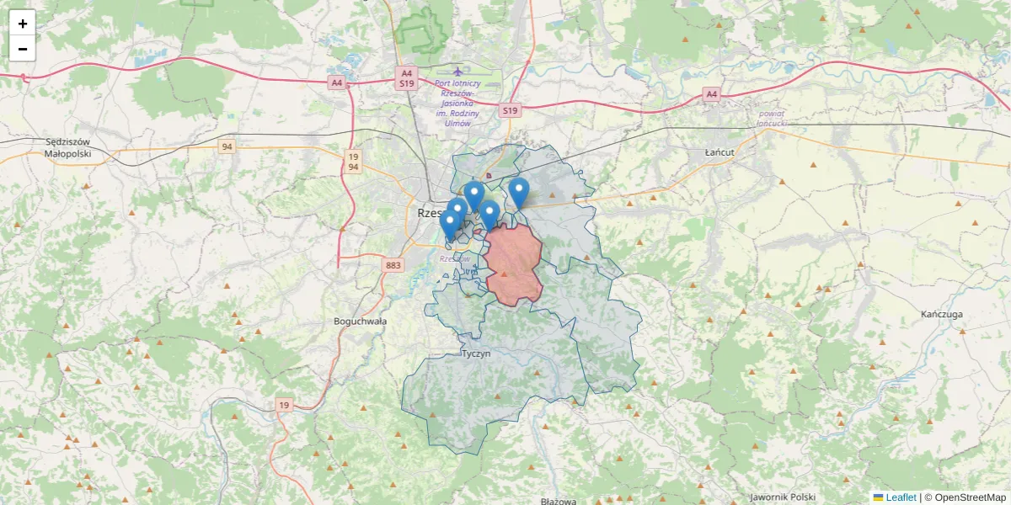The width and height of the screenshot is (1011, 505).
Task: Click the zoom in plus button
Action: click(23, 24)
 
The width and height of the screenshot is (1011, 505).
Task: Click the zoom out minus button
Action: click(23, 49)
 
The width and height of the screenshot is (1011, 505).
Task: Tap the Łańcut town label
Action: click(719, 152)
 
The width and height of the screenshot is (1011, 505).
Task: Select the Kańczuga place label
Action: click(942, 314)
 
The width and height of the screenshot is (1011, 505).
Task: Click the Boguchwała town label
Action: click(360, 322)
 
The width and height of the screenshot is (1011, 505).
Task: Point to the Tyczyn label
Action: click(476, 354)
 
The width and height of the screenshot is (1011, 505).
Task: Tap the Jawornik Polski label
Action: click(783, 497)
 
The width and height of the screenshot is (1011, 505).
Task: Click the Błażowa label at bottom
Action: click(559, 501)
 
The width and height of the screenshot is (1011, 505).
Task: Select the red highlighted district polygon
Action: click(514, 263)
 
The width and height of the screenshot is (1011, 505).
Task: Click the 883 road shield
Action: click(393, 265)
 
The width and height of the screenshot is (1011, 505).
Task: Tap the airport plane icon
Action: click(457, 72)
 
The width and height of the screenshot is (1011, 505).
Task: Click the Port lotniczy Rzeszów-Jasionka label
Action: click(457, 103)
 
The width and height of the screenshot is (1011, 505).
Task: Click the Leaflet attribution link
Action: click(900, 497)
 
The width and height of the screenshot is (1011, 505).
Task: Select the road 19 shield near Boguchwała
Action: click(284, 405)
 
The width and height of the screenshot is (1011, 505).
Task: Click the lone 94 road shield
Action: click(227, 146)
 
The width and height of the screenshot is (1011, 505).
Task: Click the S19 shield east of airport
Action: click(509, 110)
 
